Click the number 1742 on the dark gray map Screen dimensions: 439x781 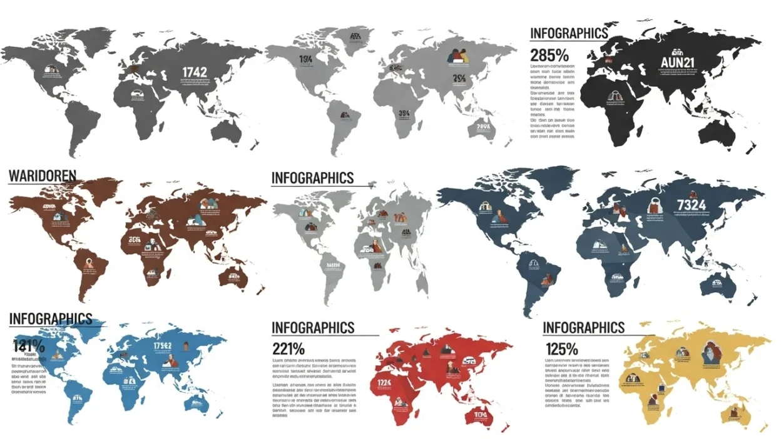pyautogui.click(x=194, y=72)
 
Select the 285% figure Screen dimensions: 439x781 pyautogui.click(x=549, y=54)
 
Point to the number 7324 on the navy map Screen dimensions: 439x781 pyautogui.click(x=691, y=204)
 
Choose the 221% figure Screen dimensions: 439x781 pyautogui.click(x=288, y=349)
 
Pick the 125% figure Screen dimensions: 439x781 pyautogui.click(x=561, y=349)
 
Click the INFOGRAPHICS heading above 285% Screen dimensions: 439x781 pyautogui.click(x=568, y=33)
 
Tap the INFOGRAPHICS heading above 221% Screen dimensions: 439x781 pyautogui.click(x=313, y=328)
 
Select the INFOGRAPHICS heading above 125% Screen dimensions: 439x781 pyautogui.click(x=583, y=328)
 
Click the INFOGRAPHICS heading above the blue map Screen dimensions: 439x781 pyautogui.click(x=51, y=319)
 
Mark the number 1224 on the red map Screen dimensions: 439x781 pyautogui.click(x=384, y=383)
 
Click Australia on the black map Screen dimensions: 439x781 pyautogui.click(x=718, y=131)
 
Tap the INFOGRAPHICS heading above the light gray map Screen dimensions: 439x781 pyautogui.click(x=313, y=178)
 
